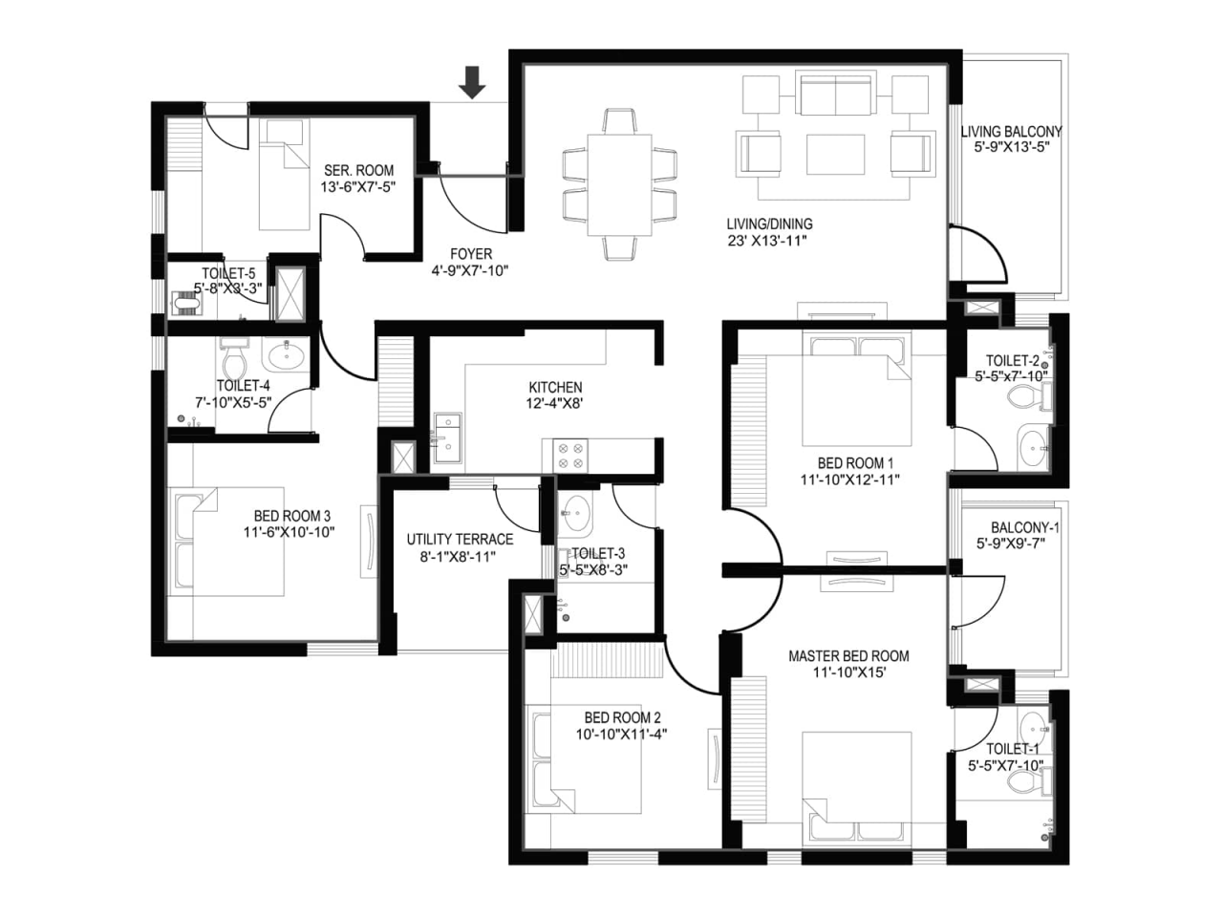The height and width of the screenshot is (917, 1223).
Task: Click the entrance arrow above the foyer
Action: coord(471,82)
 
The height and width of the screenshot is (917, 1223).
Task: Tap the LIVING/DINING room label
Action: coord(769,224)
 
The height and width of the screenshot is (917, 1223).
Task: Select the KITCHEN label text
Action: coord(555,387)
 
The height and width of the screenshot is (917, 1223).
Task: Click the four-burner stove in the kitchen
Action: coord(569,456)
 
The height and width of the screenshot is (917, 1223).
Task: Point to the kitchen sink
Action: coord(447,437)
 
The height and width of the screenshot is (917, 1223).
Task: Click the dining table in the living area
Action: coord(619,184)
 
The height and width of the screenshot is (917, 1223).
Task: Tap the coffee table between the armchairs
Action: coord(835,154)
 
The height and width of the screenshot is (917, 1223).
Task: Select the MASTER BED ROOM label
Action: coord(848,656)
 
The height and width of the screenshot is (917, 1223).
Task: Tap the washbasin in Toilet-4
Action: coord(286,354)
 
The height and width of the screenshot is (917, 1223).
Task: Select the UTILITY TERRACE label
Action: coord(460,539)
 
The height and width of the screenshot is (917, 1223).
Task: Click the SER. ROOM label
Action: coord(358,170)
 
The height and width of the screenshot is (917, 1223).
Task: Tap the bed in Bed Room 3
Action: coord(228,542)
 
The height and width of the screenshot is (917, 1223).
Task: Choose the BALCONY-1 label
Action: coord(1024,526)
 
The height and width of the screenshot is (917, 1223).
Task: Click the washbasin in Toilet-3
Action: coord(575,512)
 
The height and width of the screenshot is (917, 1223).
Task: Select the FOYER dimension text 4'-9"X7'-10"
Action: coord(470,270)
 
